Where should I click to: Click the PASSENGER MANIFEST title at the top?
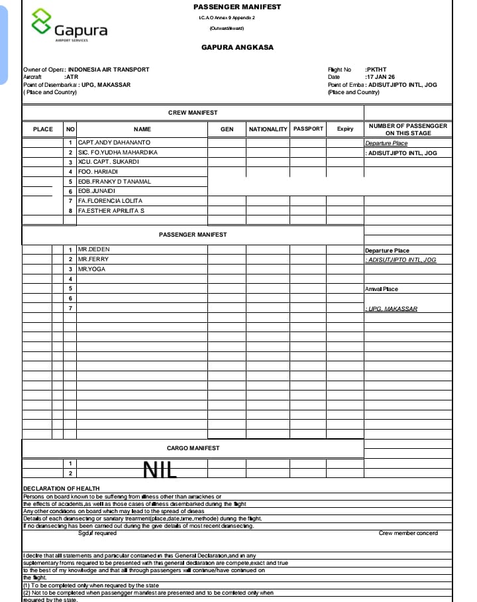coord(237,7)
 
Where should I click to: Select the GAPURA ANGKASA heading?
coord(237,48)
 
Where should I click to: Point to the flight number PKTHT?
coord(376,70)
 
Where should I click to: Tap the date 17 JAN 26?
coord(380,77)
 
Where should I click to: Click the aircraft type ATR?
coord(72,77)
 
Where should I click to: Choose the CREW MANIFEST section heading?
coord(193,113)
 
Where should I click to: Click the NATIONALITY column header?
coord(268,129)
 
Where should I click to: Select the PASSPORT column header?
coord(308,129)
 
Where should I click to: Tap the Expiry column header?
coord(344,129)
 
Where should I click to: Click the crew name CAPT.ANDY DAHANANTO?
coord(114,143)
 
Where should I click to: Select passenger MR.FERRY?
coord(93,259)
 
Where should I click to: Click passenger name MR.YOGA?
coord(91,269)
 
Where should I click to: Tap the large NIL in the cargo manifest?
coord(160,469)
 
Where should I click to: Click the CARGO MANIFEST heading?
coord(193,448)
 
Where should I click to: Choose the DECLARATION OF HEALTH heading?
coord(61,489)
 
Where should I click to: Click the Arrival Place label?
coord(382,289)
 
